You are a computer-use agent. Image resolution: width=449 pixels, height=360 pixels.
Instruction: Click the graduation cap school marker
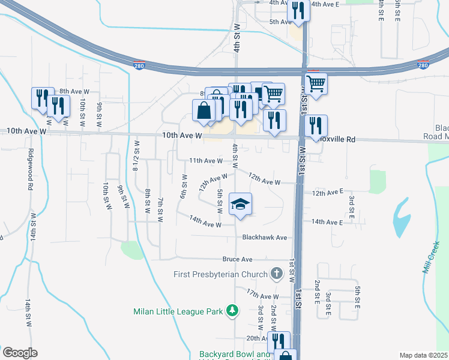[x=240, y=205]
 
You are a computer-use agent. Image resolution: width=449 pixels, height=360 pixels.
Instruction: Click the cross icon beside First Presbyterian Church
[x=276, y=274]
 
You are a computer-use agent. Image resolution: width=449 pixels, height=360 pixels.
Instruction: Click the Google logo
[x=20, y=353]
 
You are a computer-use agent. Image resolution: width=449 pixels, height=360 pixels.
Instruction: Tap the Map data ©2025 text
[x=423, y=355]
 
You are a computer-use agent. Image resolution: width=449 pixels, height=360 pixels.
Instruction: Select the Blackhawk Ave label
[x=264, y=238]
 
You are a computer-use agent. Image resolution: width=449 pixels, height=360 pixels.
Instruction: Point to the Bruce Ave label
[x=237, y=259]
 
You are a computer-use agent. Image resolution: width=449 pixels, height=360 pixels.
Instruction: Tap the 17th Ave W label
[x=263, y=296]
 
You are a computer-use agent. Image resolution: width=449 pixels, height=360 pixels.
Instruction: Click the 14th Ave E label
[x=327, y=222]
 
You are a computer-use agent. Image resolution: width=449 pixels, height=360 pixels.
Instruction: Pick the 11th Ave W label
[x=206, y=161]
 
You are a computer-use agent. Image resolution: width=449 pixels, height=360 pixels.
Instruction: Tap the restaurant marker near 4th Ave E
[x=298, y=10]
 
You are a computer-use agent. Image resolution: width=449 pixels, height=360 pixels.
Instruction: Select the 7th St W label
[x=160, y=209]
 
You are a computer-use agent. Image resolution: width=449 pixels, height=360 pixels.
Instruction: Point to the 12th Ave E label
[x=327, y=193]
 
